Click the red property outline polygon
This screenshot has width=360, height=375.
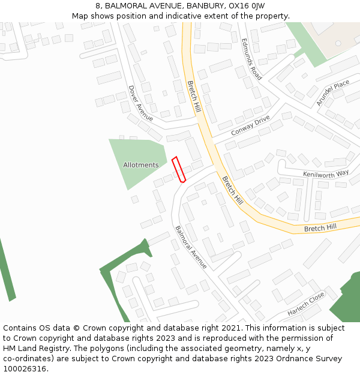[179, 169]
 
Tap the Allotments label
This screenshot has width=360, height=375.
[141, 165]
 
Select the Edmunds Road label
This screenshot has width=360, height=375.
[251, 59]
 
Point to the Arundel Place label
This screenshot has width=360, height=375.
[332, 93]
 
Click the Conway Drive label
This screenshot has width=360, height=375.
[250, 126]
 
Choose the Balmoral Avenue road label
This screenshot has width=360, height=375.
[191, 247]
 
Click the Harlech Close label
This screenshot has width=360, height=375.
[305, 304]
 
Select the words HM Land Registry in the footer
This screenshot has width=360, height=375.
[31, 348]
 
